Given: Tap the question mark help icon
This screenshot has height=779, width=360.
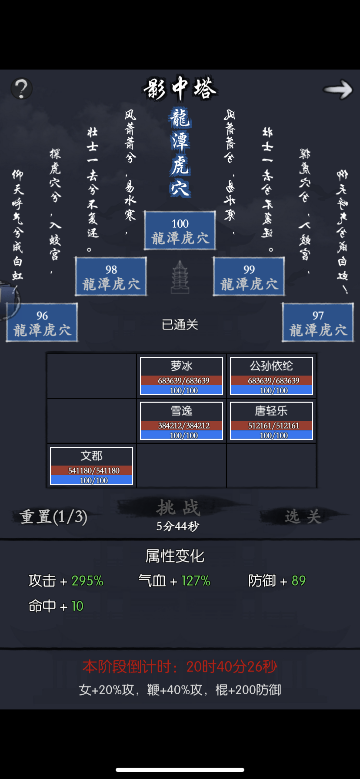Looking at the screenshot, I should pos(21,88).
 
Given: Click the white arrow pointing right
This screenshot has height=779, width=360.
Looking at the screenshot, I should pos(337,89).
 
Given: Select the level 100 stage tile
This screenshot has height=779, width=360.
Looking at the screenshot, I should pos(180,231).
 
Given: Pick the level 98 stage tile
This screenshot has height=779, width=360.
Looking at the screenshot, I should pos(111,277).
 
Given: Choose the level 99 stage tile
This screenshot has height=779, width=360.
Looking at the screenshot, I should pos(249,277).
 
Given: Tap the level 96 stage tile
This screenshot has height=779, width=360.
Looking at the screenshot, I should pos(42,323).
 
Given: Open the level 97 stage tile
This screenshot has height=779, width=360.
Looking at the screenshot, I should pos(318,323).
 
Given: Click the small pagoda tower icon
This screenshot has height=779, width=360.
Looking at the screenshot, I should pos(180,277).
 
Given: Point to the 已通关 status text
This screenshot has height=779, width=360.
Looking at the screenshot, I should pos(180,325).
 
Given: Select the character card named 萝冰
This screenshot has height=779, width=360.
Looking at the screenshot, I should pos(181,376).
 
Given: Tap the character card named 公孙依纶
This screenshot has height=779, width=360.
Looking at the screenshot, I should pos(271,376).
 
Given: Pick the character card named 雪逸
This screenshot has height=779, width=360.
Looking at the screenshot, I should pos(181,421).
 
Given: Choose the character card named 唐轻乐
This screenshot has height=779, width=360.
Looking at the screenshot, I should pos(271,421).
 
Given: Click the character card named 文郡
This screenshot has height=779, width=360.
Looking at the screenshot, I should pos(91,466).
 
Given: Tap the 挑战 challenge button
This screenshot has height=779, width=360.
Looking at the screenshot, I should pos(178,508).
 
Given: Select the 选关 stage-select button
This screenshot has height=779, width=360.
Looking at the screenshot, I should pos(303,516).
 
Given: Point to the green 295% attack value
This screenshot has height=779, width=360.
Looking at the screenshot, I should pos(87,581).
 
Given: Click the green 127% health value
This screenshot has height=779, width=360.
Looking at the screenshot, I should pos(196,581).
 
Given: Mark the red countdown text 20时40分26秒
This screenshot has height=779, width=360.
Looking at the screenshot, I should pos(231,666).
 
